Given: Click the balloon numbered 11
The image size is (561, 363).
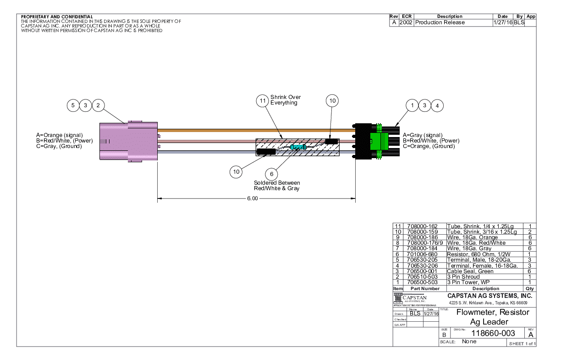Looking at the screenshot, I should (262, 102).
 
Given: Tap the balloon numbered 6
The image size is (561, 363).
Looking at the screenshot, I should (272, 173).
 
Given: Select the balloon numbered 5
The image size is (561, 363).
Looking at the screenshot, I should (73, 105).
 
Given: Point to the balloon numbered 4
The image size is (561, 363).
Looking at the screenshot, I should (437, 105).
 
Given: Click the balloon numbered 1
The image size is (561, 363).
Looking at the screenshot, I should (413, 105).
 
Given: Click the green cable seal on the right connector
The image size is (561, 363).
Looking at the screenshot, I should (379, 141).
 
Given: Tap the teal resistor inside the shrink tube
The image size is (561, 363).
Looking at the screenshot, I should (298, 147).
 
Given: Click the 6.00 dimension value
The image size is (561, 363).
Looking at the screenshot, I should (252, 199).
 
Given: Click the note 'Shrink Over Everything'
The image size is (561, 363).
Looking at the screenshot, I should (285, 100).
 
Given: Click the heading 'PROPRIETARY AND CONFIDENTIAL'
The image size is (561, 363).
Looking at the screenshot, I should (57, 17).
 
